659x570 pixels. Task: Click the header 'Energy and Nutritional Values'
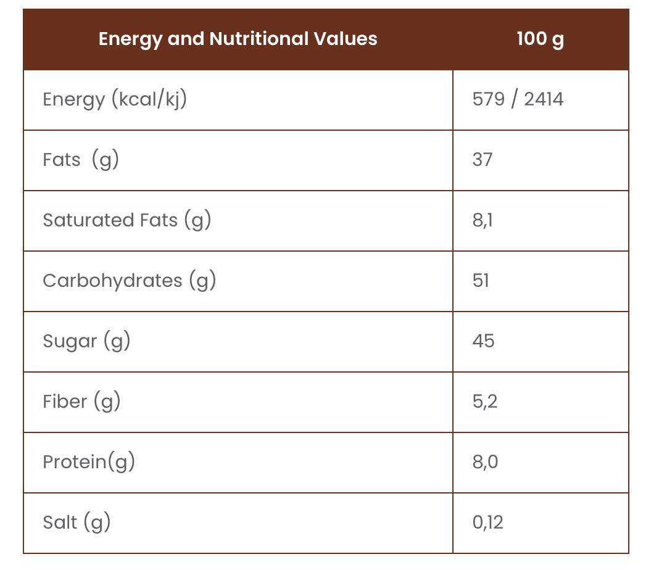pyautogui.click(x=238, y=39)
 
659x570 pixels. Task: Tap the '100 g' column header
pyautogui.click(x=540, y=39)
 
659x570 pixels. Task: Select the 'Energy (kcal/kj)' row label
pyautogui.click(x=114, y=99)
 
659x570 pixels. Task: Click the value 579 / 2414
pyautogui.click(x=518, y=99)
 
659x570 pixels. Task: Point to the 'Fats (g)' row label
pyautogui.click(x=80, y=160)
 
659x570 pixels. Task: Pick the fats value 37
pyautogui.click(x=483, y=160)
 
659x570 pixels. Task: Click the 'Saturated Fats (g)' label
pyautogui.click(x=126, y=220)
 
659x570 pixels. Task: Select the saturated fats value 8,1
pyautogui.click(x=483, y=220)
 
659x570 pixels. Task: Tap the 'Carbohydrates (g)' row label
pyautogui.click(x=129, y=281)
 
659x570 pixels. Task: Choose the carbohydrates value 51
pyautogui.click(x=481, y=281)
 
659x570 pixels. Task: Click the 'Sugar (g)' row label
pyautogui.click(x=86, y=341)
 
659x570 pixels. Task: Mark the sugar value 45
pyautogui.click(x=483, y=341)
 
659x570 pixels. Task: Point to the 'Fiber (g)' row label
pyautogui.click(x=81, y=402)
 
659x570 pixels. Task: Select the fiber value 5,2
pyautogui.click(x=484, y=402)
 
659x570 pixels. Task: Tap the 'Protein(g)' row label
pyautogui.click(x=88, y=462)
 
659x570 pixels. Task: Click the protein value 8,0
pyautogui.click(x=485, y=462)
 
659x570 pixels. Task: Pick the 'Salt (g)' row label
pyautogui.click(x=77, y=522)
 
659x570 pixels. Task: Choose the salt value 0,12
pyautogui.click(x=487, y=522)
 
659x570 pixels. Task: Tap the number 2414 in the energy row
pyautogui.click(x=544, y=99)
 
